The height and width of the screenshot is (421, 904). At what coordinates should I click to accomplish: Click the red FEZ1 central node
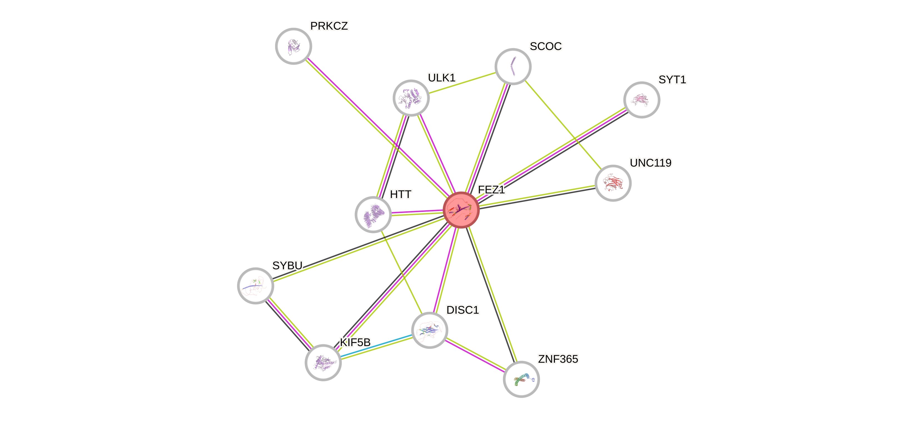(x=461, y=210)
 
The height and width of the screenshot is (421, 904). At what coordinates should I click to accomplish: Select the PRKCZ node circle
(x=293, y=46)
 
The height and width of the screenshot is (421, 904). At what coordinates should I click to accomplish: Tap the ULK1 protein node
(x=411, y=97)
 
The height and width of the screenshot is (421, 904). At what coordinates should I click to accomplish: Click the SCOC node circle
(x=513, y=66)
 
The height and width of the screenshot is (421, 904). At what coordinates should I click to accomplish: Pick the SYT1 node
(x=641, y=100)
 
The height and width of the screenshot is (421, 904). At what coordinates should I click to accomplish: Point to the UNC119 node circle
(x=613, y=183)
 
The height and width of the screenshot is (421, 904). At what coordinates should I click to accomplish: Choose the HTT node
(x=373, y=214)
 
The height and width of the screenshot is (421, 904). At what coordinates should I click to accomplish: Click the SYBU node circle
(x=255, y=285)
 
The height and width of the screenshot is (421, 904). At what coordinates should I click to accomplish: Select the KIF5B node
(x=323, y=362)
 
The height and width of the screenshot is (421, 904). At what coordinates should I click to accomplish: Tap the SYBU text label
(x=287, y=265)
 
